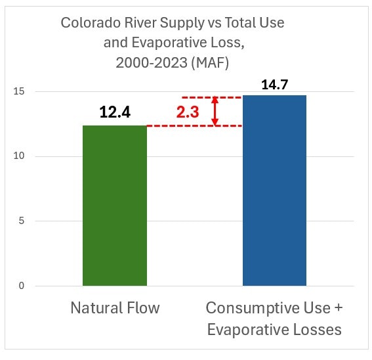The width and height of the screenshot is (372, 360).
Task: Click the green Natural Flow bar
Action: (x=115, y=205)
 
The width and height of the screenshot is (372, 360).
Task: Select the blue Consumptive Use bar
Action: (x=274, y=191)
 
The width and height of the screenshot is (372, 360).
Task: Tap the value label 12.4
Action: (x=115, y=112)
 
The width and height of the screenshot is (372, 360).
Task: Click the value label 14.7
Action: (x=274, y=84)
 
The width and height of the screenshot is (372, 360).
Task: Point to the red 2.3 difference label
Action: (x=188, y=112)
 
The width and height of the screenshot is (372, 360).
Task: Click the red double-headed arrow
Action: (x=215, y=111)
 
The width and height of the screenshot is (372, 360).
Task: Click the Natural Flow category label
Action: (x=115, y=308)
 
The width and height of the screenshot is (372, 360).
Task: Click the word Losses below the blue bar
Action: (x=318, y=330)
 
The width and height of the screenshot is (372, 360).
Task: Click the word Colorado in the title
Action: (x=89, y=23)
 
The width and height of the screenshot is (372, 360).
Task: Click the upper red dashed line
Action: (x=210, y=97)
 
